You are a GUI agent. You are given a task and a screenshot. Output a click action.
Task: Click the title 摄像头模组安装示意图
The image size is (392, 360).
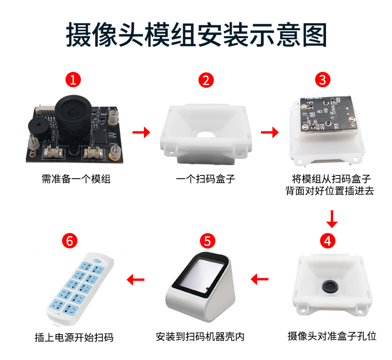[196, 33]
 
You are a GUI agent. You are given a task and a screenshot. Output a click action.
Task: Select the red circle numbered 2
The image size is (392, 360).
[206, 80]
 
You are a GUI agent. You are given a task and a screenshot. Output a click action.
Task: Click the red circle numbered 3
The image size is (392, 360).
[323, 80]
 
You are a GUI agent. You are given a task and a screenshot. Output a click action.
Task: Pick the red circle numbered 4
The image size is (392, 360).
[327, 240]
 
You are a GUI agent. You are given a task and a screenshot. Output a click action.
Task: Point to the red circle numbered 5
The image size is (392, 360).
[207, 240]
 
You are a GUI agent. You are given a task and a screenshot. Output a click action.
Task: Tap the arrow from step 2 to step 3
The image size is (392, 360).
[269, 132]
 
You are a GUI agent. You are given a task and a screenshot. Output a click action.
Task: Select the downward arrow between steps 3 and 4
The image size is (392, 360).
[332, 217]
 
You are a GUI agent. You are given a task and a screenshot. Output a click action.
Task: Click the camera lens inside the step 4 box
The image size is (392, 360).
[329, 287]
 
